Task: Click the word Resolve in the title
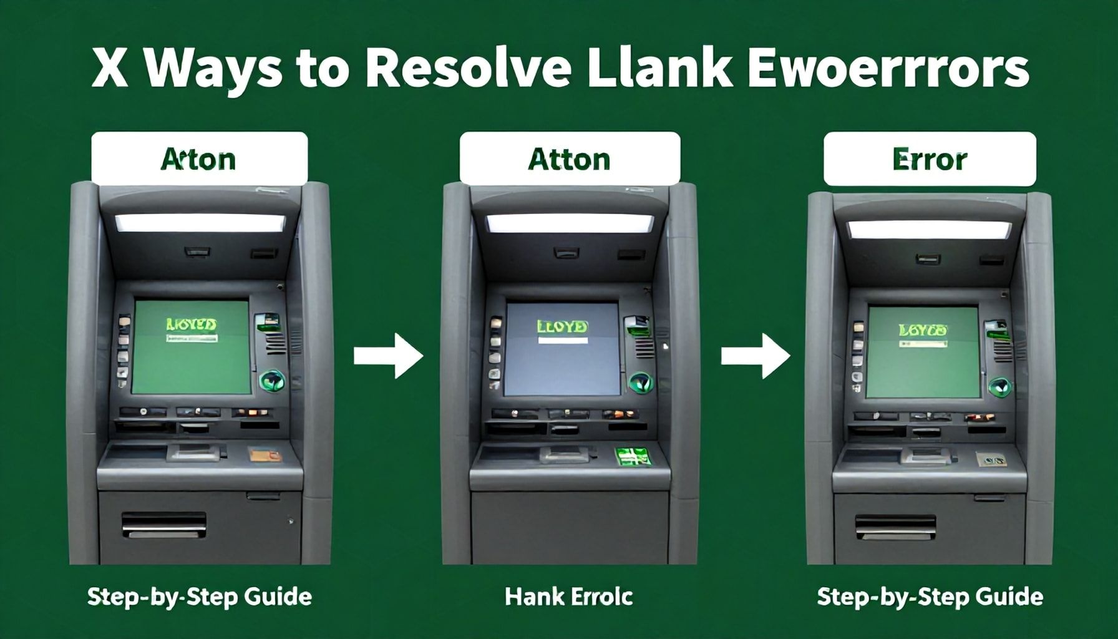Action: (x=467, y=70)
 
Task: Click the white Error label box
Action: (x=929, y=159)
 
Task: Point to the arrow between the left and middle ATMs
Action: (x=388, y=356)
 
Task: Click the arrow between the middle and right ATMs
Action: (x=756, y=356)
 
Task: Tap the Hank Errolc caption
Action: (x=568, y=597)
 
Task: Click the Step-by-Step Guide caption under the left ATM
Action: (x=200, y=597)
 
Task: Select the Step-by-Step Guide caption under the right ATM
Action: (x=930, y=597)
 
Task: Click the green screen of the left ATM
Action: (x=192, y=346)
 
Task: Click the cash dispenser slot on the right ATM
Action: (x=895, y=526)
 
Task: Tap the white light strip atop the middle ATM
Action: (x=569, y=223)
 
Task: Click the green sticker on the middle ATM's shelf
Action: (x=630, y=456)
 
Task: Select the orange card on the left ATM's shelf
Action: (x=261, y=454)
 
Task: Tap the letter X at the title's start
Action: (x=107, y=70)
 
